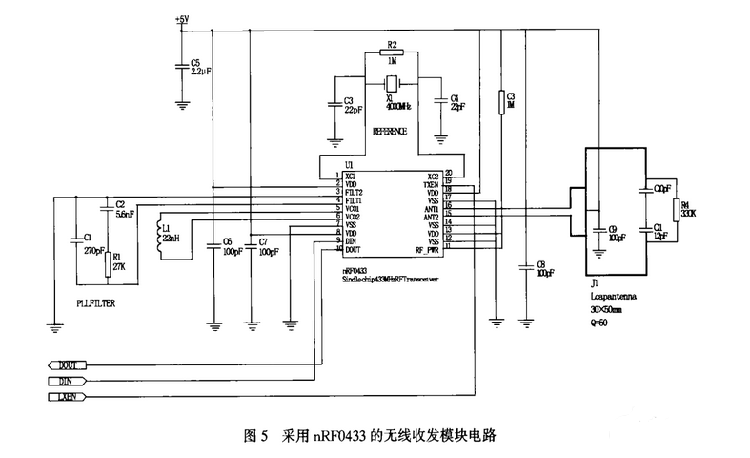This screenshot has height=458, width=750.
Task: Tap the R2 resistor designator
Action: (392, 44)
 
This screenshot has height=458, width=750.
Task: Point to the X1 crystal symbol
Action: (391, 83)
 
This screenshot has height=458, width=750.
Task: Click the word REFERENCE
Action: (391, 131)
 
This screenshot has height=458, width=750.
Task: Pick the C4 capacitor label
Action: (454, 98)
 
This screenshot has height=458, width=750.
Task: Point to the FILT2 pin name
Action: (355, 192)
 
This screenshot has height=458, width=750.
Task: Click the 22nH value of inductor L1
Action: (171, 238)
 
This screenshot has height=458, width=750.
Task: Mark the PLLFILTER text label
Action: (96, 301)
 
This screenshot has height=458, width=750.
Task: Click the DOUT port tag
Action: (67, 364)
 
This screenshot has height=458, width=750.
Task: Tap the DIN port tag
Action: (67, 380)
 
